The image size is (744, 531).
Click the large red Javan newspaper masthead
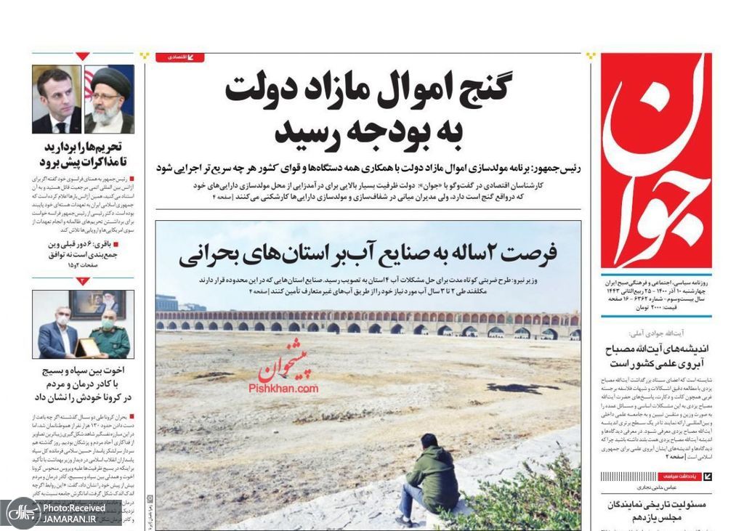coord(656,161)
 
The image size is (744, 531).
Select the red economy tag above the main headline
coord(180,57)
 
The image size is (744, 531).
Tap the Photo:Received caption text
coord(73,507)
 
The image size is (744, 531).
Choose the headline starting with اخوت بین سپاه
coord(83,384)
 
